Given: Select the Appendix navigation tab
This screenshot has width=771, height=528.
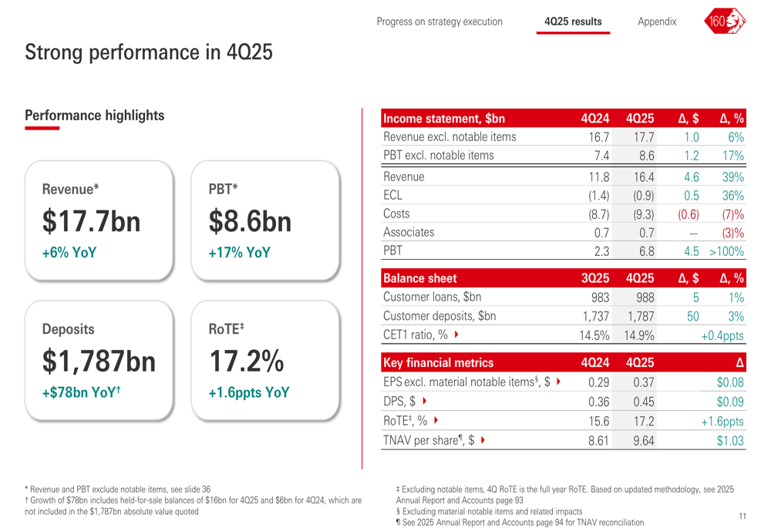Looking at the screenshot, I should click(x=657, y=22).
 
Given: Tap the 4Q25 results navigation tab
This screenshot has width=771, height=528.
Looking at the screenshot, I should click(x=573, y=22).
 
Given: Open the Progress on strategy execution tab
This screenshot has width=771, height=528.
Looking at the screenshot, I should click(x=439, y=22).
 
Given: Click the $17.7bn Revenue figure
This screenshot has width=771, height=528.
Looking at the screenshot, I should click(x=92, y=222).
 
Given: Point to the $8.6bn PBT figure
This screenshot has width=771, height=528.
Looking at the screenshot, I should click(x=250, y=222).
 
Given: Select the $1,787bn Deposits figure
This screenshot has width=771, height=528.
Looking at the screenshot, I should click(x=99, y=361).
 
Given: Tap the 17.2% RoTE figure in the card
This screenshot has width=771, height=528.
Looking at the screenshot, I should click(x=247, y=361).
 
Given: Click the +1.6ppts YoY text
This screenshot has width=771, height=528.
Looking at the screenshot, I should click(x=249, y=392).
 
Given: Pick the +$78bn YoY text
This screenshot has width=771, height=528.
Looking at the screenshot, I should click(x=82, y=392).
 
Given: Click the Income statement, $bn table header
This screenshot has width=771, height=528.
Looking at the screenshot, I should click(x=444, y=119).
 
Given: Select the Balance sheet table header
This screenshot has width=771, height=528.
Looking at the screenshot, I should click(x=420, y=278).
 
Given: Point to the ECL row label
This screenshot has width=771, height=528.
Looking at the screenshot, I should click(x=393, y=195).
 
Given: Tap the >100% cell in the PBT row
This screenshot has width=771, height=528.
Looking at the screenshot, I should click(x=726, y=251).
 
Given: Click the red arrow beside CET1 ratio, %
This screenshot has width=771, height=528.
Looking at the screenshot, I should click(x=457, y=335).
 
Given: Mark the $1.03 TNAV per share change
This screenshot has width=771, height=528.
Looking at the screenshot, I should click(x=730, y=440).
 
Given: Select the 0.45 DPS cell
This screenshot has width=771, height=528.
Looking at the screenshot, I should click(x=643, y=401).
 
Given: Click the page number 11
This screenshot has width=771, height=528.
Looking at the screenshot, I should click(x=742, y=516).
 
